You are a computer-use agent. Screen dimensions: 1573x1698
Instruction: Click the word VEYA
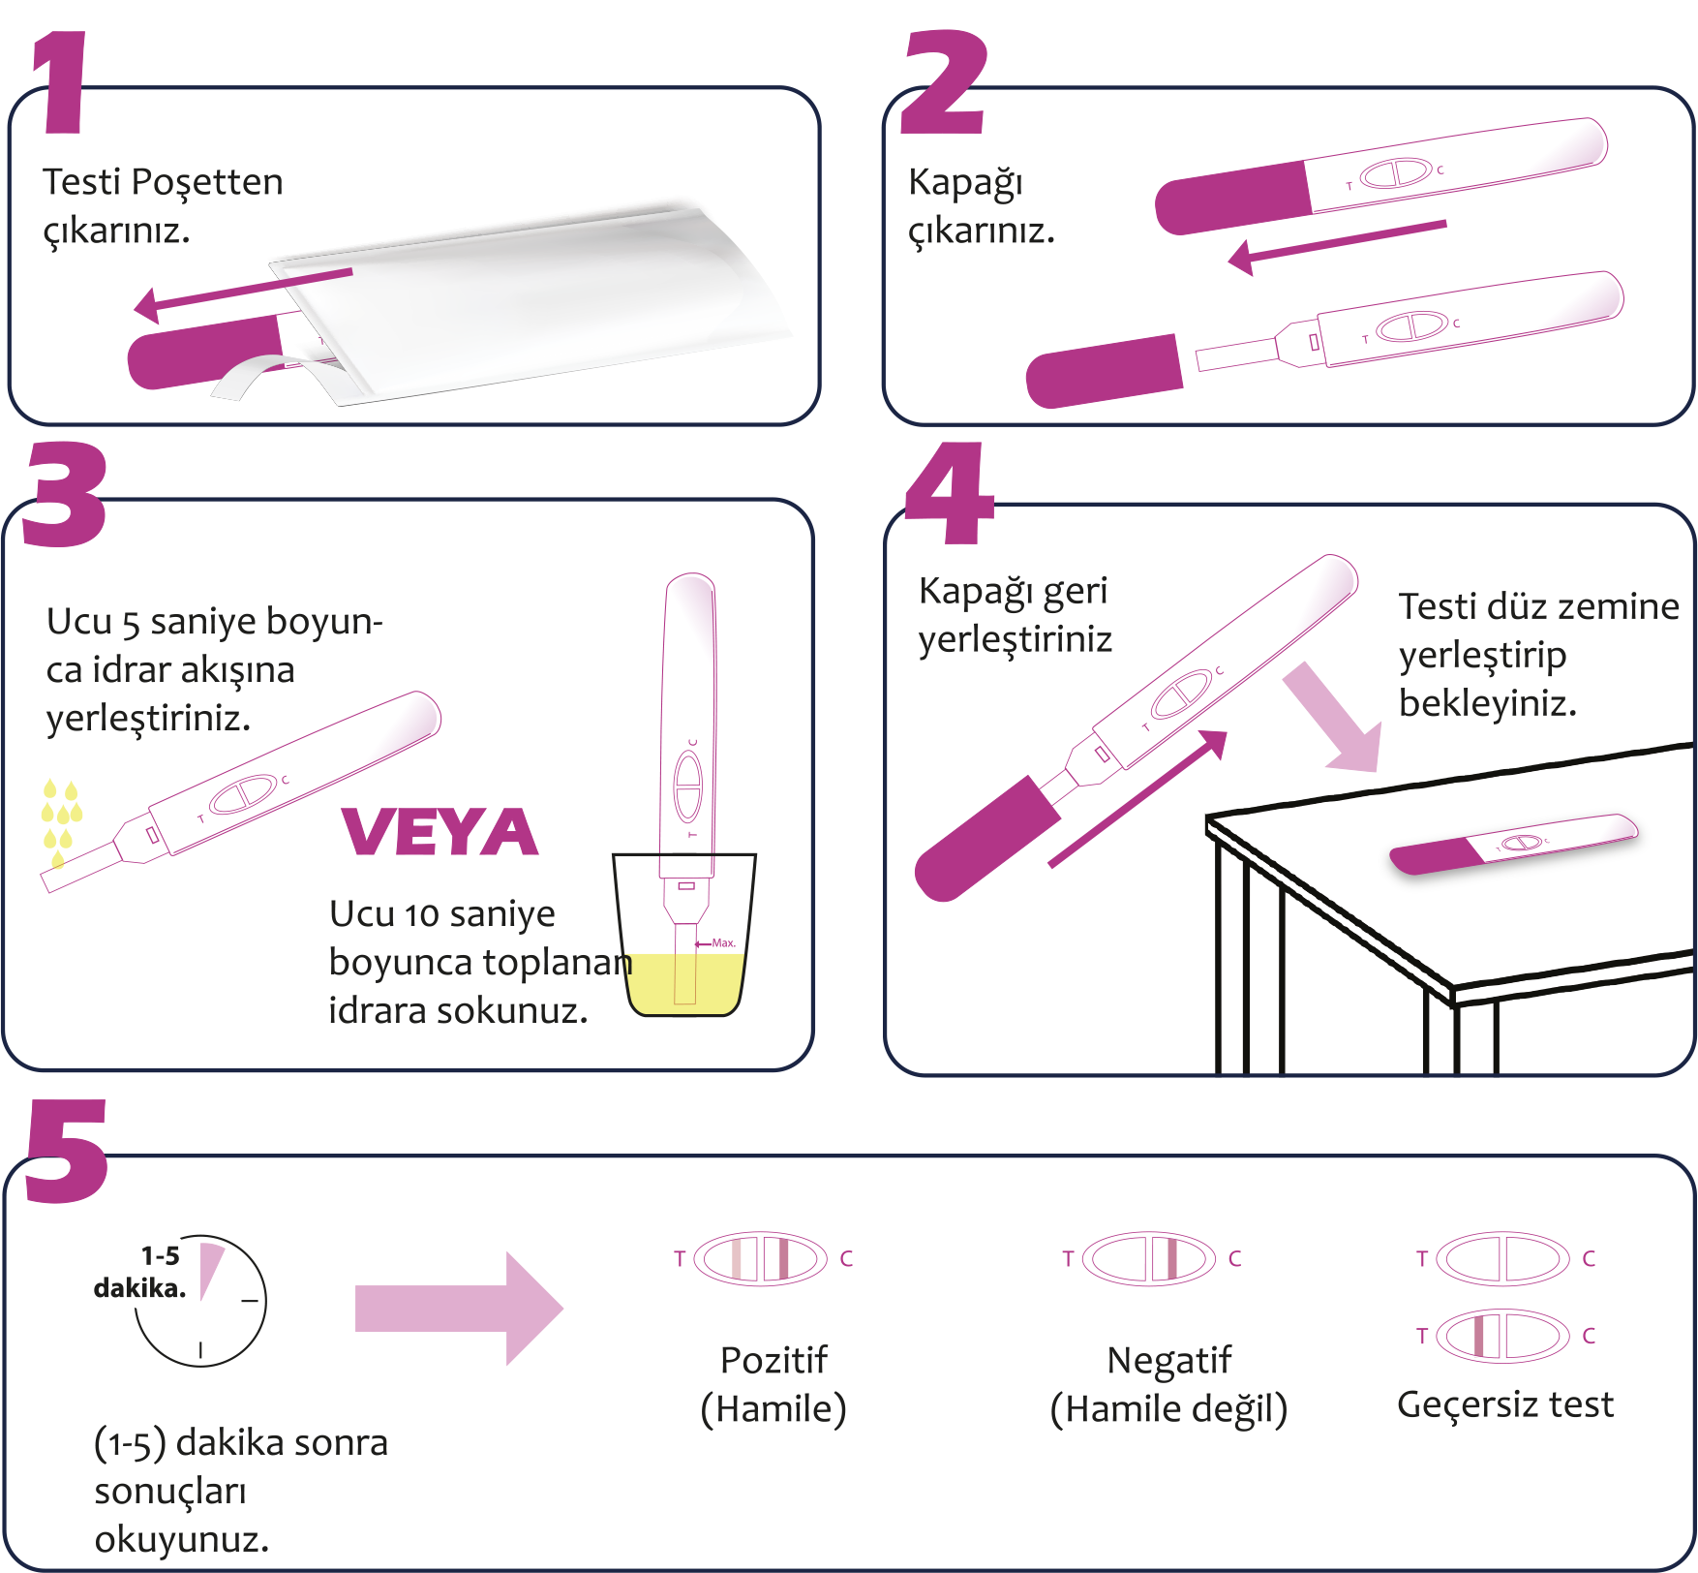click(x=440, y=833)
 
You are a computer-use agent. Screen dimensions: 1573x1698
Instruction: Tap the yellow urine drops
click(x=60, y=818)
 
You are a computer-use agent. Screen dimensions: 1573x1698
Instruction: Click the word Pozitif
click(x=773, y=1360)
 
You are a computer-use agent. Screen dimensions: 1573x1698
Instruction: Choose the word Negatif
click(x=1169, y=1360)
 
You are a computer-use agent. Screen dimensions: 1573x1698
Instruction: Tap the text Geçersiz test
click(x=1505, y=1404)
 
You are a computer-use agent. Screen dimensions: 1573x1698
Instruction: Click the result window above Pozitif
click(x=761, y=1258)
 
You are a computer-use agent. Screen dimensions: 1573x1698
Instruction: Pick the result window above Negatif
click(x=1149, y=1258)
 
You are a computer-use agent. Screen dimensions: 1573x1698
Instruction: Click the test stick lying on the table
click(x=1513, y=843)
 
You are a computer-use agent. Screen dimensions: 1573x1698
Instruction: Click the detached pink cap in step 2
click(x=1104, y=371)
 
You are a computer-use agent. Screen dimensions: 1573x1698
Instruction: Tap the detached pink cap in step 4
click(x=987, y=838)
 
